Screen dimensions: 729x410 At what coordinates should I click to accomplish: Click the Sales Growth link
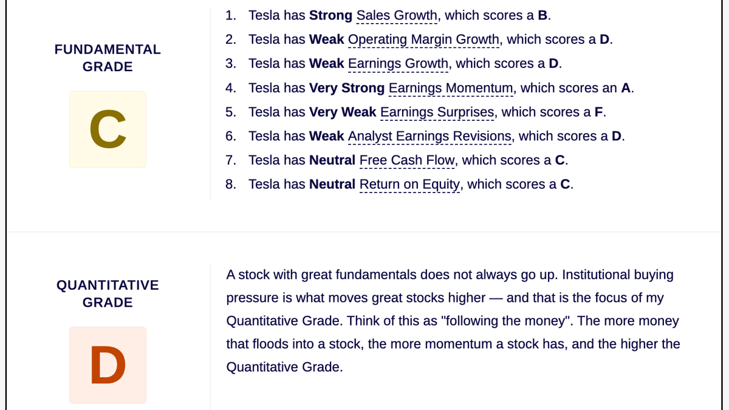click(x=397, y=16)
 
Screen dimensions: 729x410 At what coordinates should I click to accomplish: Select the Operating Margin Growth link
click(x=423, y=39)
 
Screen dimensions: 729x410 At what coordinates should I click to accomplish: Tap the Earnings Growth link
click(x=398, y=64)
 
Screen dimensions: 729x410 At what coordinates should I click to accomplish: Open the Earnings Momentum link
click(x=451, y=88)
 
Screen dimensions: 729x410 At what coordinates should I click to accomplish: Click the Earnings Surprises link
click(x=437, y=112)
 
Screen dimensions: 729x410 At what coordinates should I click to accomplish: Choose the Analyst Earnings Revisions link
click(x=430, y=136)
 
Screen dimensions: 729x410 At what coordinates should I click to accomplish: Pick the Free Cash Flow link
click(x=407, y=160)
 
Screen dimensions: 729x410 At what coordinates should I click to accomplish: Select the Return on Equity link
click(x=409, y=185)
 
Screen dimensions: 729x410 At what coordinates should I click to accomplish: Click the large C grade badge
click(x=108, y=129)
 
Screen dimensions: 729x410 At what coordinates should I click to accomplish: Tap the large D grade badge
click(x=108, y=365)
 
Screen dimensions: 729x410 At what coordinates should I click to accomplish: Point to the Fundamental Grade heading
click(x=108, y=58)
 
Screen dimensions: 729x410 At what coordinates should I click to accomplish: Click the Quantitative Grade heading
click(x=108, y=294)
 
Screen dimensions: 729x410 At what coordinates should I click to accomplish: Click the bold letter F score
click(x=598, y=112)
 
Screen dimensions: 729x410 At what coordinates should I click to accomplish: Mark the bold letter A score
click(x=626, y=88)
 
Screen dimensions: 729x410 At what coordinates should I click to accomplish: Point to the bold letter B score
click(x=542, y=15)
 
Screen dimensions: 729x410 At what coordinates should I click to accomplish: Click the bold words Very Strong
click(x=347, y=88)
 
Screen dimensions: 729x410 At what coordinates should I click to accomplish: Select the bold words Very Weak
click(x=343, y=112)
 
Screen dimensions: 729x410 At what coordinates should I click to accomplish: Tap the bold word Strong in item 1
click(x=330, y=15)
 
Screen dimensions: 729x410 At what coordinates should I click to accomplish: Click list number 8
click(x=231, y=184)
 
